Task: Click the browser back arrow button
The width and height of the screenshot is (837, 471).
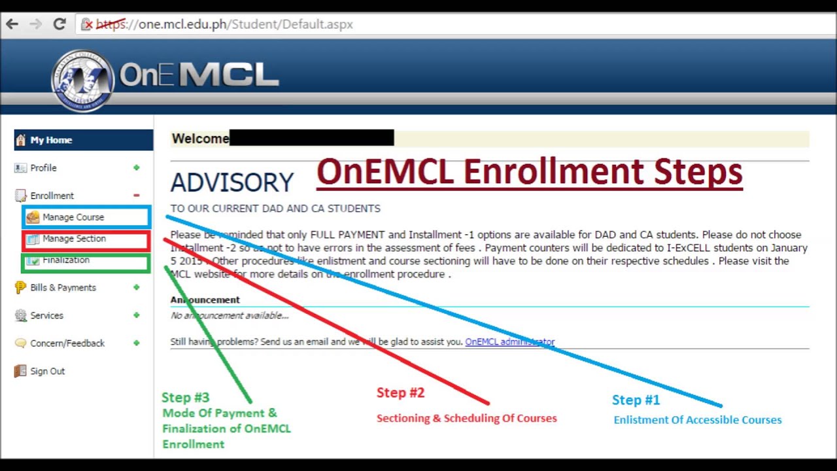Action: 12,24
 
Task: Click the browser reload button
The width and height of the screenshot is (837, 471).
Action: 60,24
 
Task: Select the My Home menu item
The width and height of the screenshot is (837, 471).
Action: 51,140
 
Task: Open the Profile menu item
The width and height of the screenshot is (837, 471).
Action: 43,168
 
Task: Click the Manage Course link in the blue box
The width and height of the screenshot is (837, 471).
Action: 73,217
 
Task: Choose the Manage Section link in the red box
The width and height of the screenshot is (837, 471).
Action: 74,239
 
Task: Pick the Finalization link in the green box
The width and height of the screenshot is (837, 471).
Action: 66,260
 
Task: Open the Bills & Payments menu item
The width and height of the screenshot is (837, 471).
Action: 63,288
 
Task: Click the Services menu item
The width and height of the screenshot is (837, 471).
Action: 46,315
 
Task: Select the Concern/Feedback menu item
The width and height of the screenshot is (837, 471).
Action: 67,343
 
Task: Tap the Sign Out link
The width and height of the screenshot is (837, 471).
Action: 47,371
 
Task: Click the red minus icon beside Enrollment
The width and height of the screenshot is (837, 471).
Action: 136,196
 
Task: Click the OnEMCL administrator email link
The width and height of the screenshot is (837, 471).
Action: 509,341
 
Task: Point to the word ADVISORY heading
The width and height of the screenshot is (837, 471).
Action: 232,183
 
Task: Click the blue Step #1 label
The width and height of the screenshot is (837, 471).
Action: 636,400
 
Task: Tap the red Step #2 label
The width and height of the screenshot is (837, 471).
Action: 400,392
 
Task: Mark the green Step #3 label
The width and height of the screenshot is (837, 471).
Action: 185,397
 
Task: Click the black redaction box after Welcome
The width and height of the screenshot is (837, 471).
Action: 311,138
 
